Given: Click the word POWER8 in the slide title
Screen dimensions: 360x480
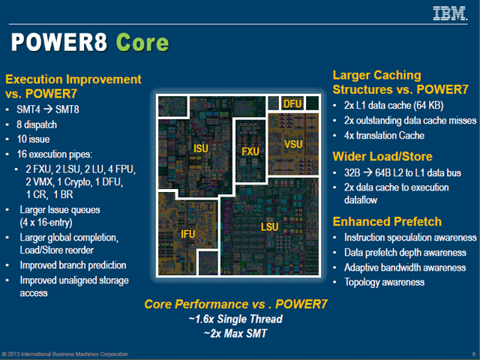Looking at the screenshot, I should [57, 43].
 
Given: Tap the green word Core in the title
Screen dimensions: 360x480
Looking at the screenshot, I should [142, 43].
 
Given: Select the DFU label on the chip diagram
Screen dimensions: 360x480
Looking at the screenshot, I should [292, 104].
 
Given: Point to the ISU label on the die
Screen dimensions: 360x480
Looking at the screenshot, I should [201, 148].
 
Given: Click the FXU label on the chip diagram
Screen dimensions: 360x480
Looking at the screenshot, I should [250, 151].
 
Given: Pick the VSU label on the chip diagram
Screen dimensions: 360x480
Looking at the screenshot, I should [293, 144].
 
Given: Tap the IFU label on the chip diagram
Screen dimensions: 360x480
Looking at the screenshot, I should [188, 235].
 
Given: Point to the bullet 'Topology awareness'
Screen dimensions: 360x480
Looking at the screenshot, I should [384, 282].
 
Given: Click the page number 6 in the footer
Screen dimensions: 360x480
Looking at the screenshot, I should [473, 353].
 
